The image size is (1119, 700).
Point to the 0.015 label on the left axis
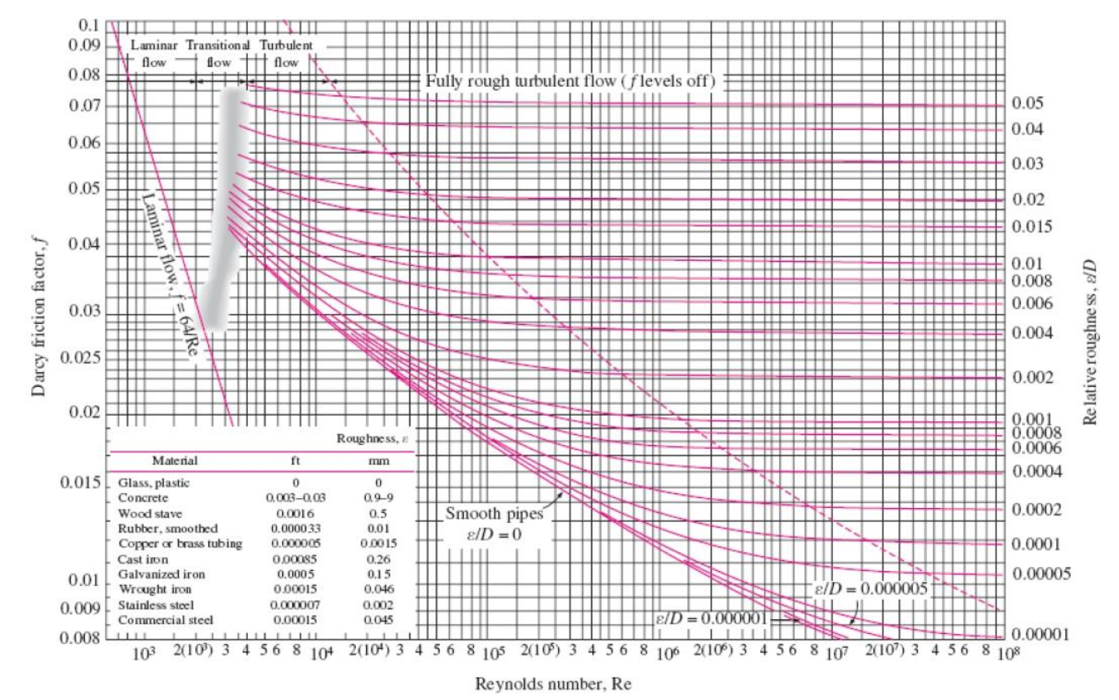click(81, 482)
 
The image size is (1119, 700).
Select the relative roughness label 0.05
click(1027, 103)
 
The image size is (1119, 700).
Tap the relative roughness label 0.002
click(1032, 377)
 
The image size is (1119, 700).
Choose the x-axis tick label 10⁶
click(666, 653)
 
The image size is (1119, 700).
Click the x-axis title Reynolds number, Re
click(553, 684)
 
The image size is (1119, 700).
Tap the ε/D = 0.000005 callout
click(870, 588)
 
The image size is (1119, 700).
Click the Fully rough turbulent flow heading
click(570, 81)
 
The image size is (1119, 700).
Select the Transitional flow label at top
click(218, 53)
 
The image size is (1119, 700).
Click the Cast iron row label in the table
click(143, 559)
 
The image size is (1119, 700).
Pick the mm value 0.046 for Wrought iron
click(378, 589)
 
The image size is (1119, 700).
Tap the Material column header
click(174, 461)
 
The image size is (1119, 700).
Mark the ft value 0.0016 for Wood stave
click(295, 514)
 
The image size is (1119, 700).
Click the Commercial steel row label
click(166, 620)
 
